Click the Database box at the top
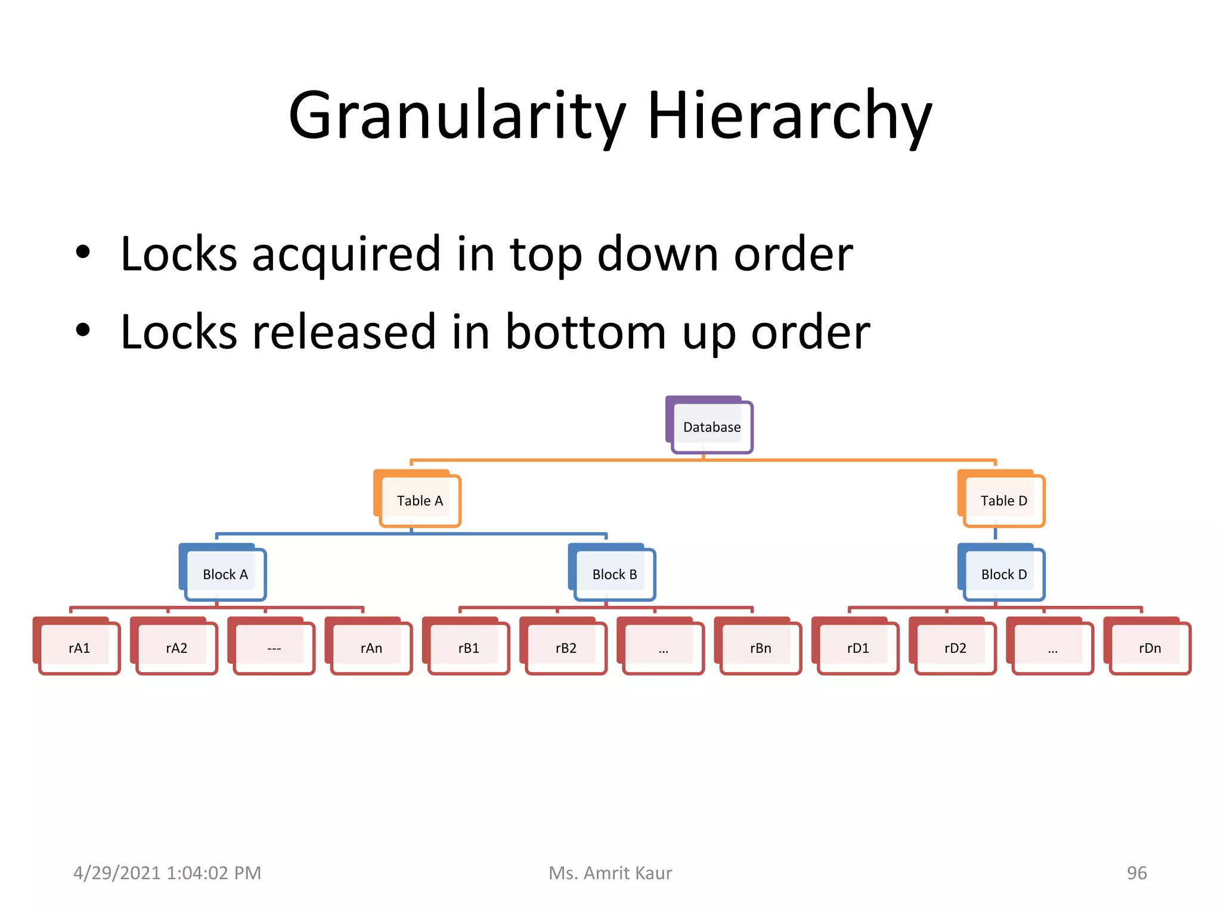click(x=711, y=427)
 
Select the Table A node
click(x=420, y=501)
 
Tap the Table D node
click(x=1004, y=501)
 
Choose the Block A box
click(x=225, y=574)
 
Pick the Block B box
click(x=615, y=574)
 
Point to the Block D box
click(x=1004, y=574)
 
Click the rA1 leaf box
click(x=79, y=648)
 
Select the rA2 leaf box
click(x=176, y=648)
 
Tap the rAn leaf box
click(x=371, y=648)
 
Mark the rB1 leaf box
click(x=469, y=648)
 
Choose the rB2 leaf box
click(x=566, y=648)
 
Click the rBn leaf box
click(x=761, y=648)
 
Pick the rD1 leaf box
click(x=858, y=648)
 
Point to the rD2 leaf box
click(x=955, y=648)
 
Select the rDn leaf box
click(x=1150, y=648)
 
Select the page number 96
click(x=1136, y=873)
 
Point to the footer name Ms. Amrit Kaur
click(x=610, y=873)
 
